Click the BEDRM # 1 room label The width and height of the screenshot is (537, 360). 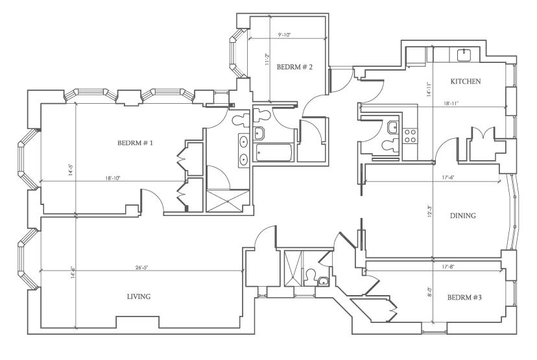tap(135, 143)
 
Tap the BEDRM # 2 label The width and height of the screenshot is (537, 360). tap(294, 67)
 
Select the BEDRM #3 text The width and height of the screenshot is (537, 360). tap(464, 297)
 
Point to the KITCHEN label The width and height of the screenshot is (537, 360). tap(466, 82)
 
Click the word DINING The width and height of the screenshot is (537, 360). tap(462, 215)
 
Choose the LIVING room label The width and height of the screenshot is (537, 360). tap(139, 296)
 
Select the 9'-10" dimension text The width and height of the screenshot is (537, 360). tap(284, 34)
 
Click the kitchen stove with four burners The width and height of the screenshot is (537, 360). tap(410, 136)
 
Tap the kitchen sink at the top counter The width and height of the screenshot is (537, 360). tap(464, 54)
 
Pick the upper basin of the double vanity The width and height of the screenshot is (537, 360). tap(244, 141)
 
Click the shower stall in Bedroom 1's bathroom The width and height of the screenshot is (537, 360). tap(228, 200)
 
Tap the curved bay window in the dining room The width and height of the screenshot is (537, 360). tap(513, 211)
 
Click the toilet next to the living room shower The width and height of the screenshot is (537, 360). tap(310, 276)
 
